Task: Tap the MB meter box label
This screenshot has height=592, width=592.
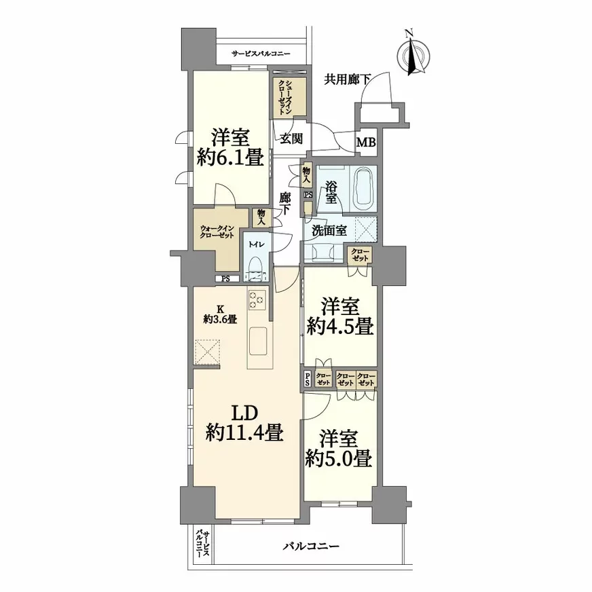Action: coord(366,143)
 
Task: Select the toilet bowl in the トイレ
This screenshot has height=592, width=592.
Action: coord(256,263)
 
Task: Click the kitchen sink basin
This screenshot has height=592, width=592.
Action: coord(258,341)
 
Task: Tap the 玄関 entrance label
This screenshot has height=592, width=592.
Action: coord(291,139)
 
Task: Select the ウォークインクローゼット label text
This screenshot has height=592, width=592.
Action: coord(217,232)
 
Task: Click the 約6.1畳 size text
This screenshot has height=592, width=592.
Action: coord(230,157)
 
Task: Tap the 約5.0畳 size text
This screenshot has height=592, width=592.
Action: coord(339,459)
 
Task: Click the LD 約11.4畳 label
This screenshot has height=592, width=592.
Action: coord(244,422)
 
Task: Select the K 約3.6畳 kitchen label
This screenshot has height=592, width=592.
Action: coord(220,314)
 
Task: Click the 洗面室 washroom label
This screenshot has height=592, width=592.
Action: coord(329,231)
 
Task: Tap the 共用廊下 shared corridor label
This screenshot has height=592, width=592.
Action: coord(348,79)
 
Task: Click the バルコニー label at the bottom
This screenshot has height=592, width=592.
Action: coord(312,546)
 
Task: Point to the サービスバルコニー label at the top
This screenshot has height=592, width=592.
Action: coord(261,54)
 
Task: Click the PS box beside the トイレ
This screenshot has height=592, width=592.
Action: coord(226,279)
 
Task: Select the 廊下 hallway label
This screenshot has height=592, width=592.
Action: coord(285,204)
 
